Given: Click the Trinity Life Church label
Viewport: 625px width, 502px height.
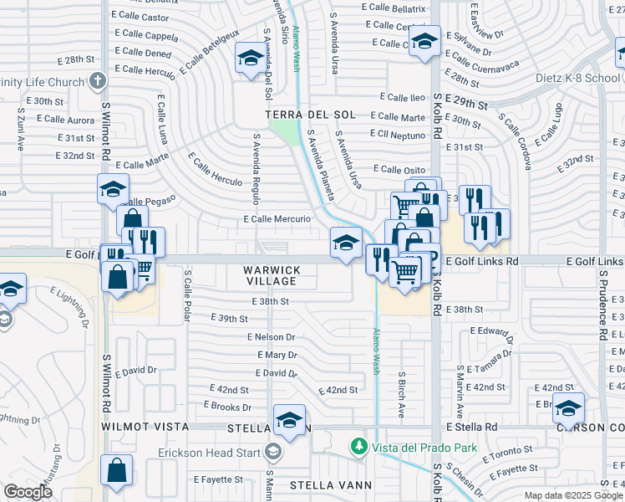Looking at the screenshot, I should click(x=42, y=82).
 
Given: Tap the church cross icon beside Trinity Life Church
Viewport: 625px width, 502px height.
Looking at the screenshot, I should click(x=98, y=82).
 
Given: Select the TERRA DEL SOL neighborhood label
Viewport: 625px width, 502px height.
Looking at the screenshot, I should click(x=310, y=115).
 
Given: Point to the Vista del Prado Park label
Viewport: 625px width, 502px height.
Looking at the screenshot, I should click(x=425, y=448).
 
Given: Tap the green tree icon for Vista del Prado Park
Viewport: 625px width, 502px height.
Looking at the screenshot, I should click(x=359, y=447).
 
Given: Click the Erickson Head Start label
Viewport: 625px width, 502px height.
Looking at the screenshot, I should click(x=211, y=453).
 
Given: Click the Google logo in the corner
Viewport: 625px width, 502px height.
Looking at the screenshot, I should click(x=28, y=492).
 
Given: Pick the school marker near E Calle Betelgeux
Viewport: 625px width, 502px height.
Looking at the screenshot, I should click(x=248, y=59).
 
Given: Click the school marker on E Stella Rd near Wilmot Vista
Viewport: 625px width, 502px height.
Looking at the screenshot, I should click(x=289, y=421).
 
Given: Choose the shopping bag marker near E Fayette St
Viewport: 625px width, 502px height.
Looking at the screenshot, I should click(x=116, y=471).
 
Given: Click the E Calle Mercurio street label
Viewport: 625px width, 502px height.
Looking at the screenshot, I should click(x=277, y=219).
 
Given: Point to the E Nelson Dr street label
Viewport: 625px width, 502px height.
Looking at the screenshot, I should click(x=271, y=336).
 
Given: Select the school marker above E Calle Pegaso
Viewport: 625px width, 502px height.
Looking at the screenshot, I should click(x=113, y=190).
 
